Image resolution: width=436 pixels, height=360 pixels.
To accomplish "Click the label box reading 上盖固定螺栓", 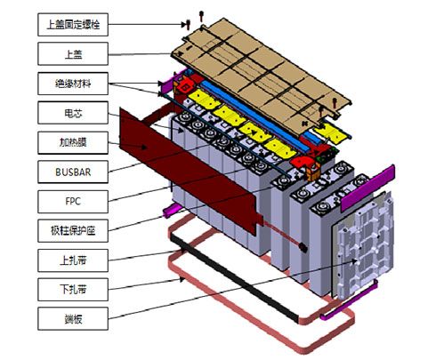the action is click(73, 24).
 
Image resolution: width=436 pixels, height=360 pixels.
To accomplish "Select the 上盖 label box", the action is click(73, 53).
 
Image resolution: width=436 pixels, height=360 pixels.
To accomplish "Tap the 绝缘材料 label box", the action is click(73, 84).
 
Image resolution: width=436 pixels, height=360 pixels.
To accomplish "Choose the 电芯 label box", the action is click(73, 113).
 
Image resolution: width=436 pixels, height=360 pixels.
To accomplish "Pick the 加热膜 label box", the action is click(73, 142).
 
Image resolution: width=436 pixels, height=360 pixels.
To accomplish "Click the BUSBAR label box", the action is click(73, 172).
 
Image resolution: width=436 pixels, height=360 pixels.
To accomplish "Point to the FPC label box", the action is click(73, 202).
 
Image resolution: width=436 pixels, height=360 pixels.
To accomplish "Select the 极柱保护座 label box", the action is click(73, 231).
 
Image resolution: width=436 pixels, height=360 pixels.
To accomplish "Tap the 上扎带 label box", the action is click(73, 260).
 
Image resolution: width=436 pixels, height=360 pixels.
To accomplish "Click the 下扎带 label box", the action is click(73, 290).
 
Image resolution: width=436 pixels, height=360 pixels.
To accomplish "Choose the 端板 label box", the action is click(73, 319).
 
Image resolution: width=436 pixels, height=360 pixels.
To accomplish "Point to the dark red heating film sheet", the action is click(190, 172).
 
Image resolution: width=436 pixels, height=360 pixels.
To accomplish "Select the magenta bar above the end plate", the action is click(367, 188).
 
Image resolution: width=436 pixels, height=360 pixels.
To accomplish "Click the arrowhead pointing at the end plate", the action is click(354, 261).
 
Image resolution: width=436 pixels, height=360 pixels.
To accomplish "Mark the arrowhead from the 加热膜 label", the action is click(144, 147).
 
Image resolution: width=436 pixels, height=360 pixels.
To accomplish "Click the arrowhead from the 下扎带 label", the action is click(182, 279).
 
